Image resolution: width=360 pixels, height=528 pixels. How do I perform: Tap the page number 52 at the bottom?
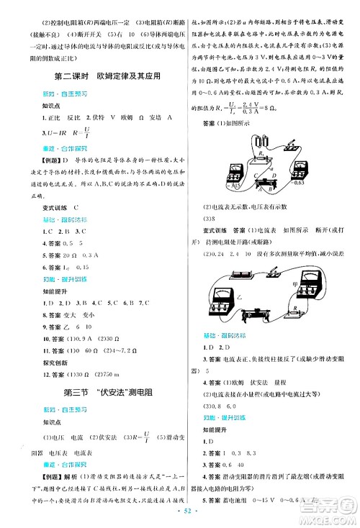[180, 518]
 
